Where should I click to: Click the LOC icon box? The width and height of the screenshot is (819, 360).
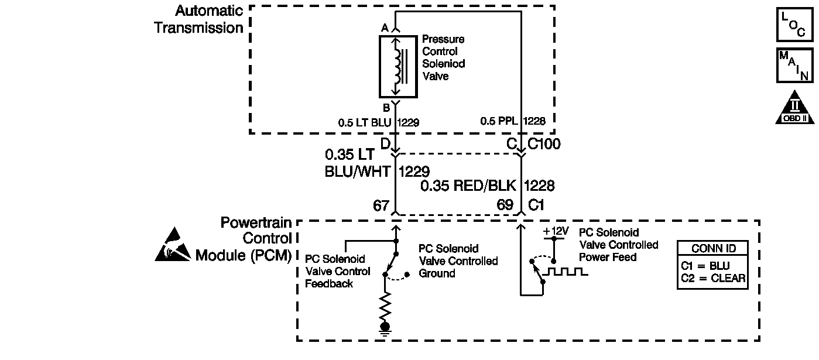(794, 25)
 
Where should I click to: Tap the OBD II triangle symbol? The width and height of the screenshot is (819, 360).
(794, 108)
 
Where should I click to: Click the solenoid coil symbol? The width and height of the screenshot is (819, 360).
(398, 66)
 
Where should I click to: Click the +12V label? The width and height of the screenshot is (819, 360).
(556, 231)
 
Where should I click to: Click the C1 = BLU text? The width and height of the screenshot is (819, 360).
(705, 265)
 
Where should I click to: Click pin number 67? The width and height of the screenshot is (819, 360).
(381, 205)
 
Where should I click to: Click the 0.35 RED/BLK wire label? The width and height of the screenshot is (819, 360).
(469, 186)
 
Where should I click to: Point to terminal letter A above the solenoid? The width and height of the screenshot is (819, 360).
(385, 28)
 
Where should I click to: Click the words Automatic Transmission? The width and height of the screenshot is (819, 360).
(199, 19)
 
